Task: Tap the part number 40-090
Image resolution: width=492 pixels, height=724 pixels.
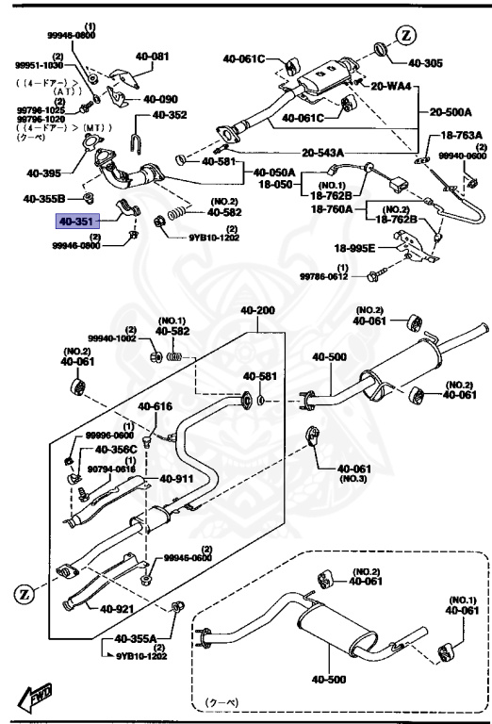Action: point(161,99)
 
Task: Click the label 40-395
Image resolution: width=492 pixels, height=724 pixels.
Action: point(43,173)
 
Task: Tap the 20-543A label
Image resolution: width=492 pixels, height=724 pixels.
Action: point(323,151)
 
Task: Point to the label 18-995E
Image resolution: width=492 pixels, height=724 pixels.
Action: point(355,249)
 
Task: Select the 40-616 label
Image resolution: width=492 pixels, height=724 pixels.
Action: point(156,407)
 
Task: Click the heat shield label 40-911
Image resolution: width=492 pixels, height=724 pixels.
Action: point(176,479)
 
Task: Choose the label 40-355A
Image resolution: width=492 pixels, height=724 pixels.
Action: point(137,638)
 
